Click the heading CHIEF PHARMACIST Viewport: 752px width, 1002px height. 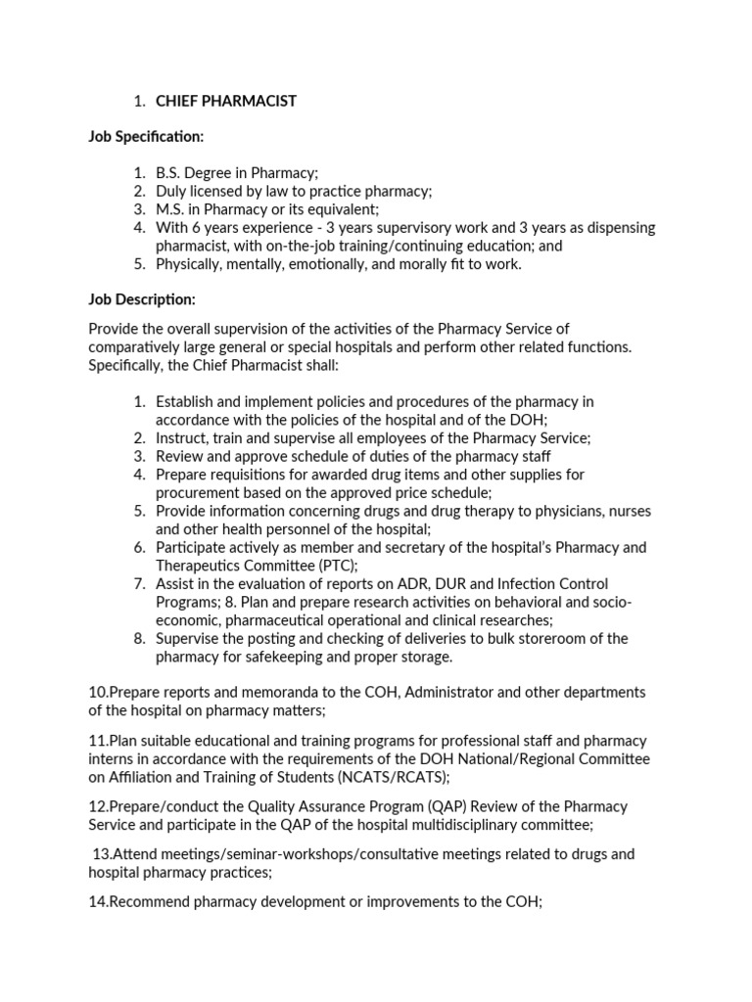(x=226, y=101)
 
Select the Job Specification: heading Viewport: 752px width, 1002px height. (x=147, y=136)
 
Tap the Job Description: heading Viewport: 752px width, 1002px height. (x=143, y=298)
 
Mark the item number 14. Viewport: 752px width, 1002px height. (x=98, y=901)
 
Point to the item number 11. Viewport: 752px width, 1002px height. (x=98, y=741)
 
